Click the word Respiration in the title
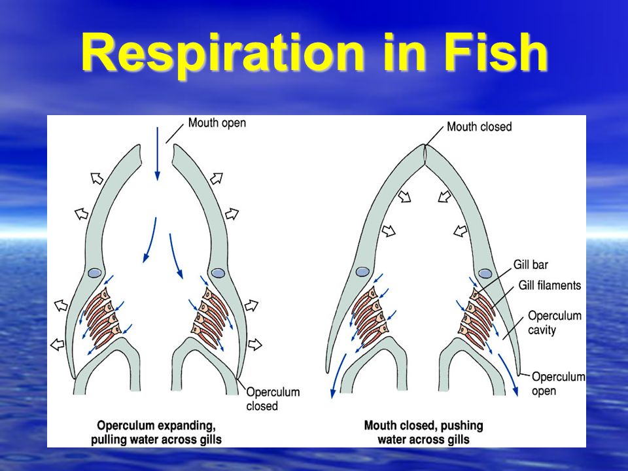tap(222, 53)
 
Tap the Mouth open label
tap(217, 123)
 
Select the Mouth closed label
tap(479, 126)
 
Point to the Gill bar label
tap(531, 265)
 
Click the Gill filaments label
tap(549, 285)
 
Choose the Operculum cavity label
tap(554, 323)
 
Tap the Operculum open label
tap(558, 383)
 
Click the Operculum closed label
tap(273, 398)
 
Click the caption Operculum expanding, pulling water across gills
tap(156, 432)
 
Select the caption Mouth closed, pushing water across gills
tap(423, 432)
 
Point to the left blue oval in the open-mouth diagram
tap(95, 273)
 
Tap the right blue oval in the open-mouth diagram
tap(218, 273)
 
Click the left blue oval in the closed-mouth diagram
tap(362, 272)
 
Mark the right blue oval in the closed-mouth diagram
tap(485, 273)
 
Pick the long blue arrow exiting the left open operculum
tap(338, 375)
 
